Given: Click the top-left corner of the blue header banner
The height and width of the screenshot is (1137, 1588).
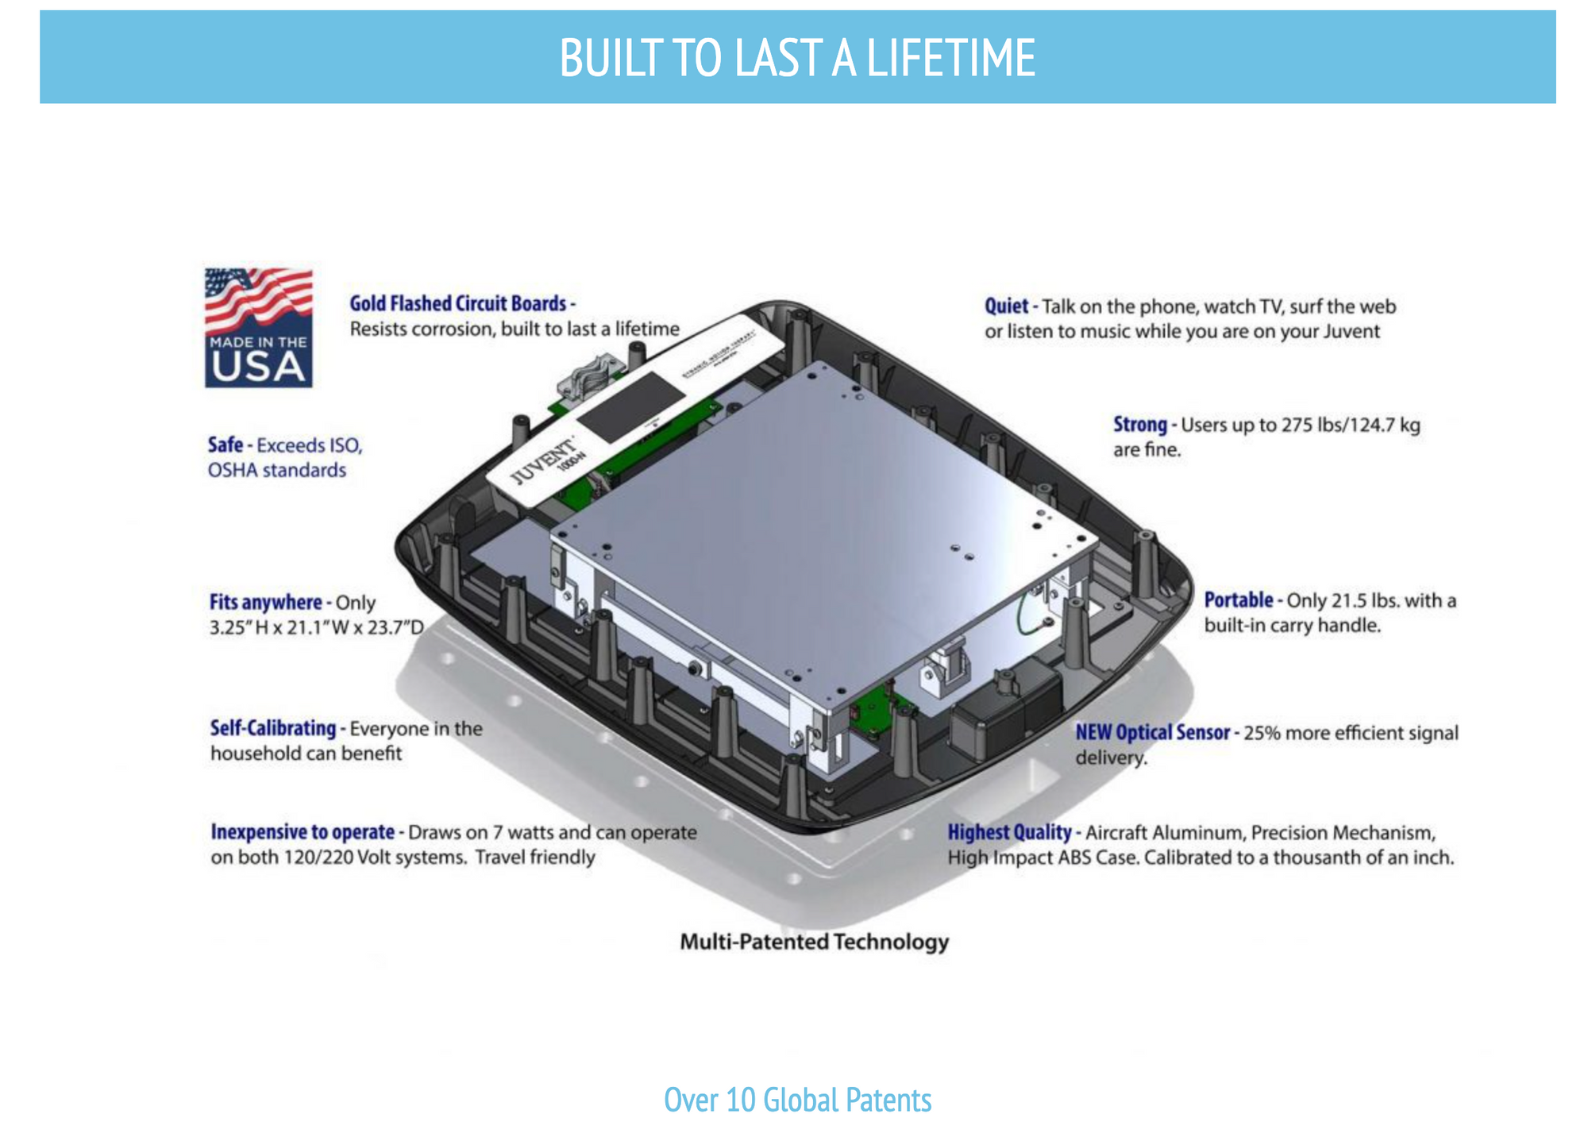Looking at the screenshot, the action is coord(40,11).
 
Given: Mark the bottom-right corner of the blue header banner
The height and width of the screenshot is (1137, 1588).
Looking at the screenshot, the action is coord(1555,102).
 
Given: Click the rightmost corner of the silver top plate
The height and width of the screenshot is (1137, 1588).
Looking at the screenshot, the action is coord(1098,545).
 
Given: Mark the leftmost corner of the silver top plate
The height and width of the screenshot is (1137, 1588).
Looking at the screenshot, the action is coord(552,530).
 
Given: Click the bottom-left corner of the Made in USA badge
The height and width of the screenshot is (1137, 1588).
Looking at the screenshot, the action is coord(206,387).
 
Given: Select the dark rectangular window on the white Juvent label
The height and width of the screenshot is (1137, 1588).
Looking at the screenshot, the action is coord(630,407).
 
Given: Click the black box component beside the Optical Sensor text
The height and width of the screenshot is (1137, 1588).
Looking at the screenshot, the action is coord(1007,709).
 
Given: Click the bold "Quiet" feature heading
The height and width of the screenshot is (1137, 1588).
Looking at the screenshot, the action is coord(1006,306).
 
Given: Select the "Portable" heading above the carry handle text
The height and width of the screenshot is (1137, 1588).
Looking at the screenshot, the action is coord(1239,599).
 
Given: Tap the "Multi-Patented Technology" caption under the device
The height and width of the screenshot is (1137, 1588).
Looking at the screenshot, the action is coord(815,942).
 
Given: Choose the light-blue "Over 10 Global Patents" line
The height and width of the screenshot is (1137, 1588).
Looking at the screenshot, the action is coord(798,1100).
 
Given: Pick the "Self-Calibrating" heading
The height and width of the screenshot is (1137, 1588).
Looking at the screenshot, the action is coord(273,728).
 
